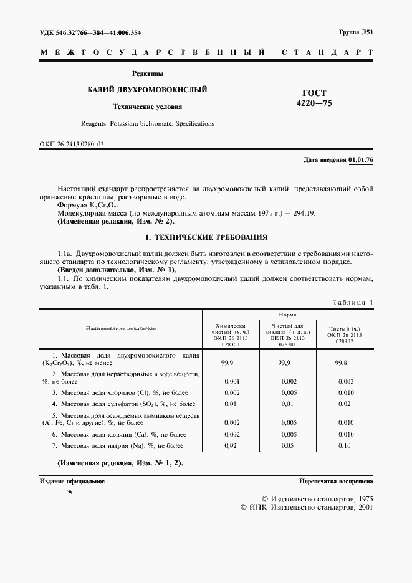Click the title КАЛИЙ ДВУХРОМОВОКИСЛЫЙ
coord(147,90)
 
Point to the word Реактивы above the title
coord(147,73)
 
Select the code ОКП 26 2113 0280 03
coord(72,144)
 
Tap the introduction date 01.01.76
coord(360,160)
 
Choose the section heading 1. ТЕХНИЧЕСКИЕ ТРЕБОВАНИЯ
coord(206,237)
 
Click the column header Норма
coord(287,315)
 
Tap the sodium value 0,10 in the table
coord(345,446)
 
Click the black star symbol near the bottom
coord(70,492)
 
